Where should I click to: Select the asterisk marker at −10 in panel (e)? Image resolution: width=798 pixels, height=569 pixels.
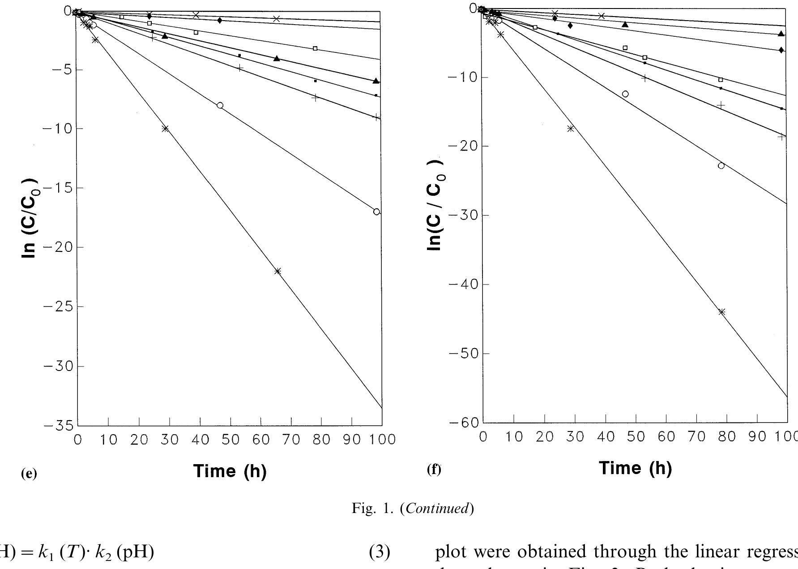[165, 129]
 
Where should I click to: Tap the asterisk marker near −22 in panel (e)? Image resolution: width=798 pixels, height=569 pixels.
[277, 271]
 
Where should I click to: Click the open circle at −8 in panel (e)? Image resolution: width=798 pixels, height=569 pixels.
[220, 105]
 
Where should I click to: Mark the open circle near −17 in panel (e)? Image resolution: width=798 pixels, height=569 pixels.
[376, 211]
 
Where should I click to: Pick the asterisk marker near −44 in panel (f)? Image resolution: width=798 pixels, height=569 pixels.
[721, 312]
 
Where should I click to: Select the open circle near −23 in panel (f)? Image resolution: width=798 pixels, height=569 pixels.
[721, 166]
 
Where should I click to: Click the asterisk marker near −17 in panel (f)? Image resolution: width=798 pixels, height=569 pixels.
[570, 129]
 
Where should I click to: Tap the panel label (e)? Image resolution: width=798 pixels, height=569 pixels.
[29, 474]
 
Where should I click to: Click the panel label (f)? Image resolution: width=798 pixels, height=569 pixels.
[434, 470]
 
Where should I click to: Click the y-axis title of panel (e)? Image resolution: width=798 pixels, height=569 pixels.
[30, 218]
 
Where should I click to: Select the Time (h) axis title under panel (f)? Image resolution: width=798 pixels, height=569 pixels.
[635, 468]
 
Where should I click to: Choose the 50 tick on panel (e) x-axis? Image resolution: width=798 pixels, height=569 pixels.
[230, 440]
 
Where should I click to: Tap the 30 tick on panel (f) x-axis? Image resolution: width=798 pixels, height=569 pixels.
[575, 437]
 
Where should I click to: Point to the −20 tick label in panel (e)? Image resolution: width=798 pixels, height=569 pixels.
[57, 247]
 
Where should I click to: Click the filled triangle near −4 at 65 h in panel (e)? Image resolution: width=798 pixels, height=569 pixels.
[277, 59]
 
